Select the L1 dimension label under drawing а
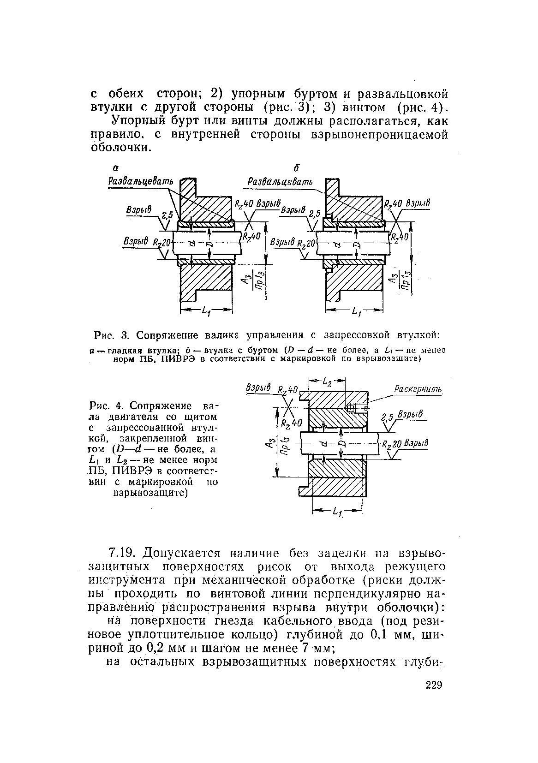click(206, 312)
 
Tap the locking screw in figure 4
click(355, 408)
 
